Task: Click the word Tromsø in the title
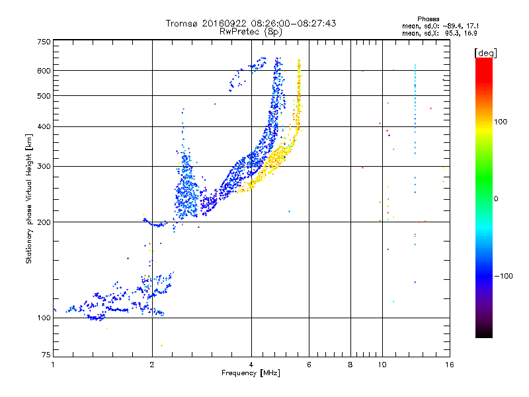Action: coord(183,23)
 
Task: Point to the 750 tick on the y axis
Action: coord(44,42)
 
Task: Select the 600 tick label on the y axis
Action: coord(44,71)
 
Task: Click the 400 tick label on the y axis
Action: coord(44,126)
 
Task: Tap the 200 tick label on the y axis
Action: coord(44,222)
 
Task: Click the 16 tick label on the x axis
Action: coord(449,365)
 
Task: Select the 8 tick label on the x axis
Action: coord(350,365)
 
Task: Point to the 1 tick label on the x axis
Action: coord(54,365)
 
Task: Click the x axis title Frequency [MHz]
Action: coord(251,373)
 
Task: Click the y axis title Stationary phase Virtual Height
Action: coord(29,198)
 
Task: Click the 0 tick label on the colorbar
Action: coord(497,198)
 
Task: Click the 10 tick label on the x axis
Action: coord(382,365)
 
